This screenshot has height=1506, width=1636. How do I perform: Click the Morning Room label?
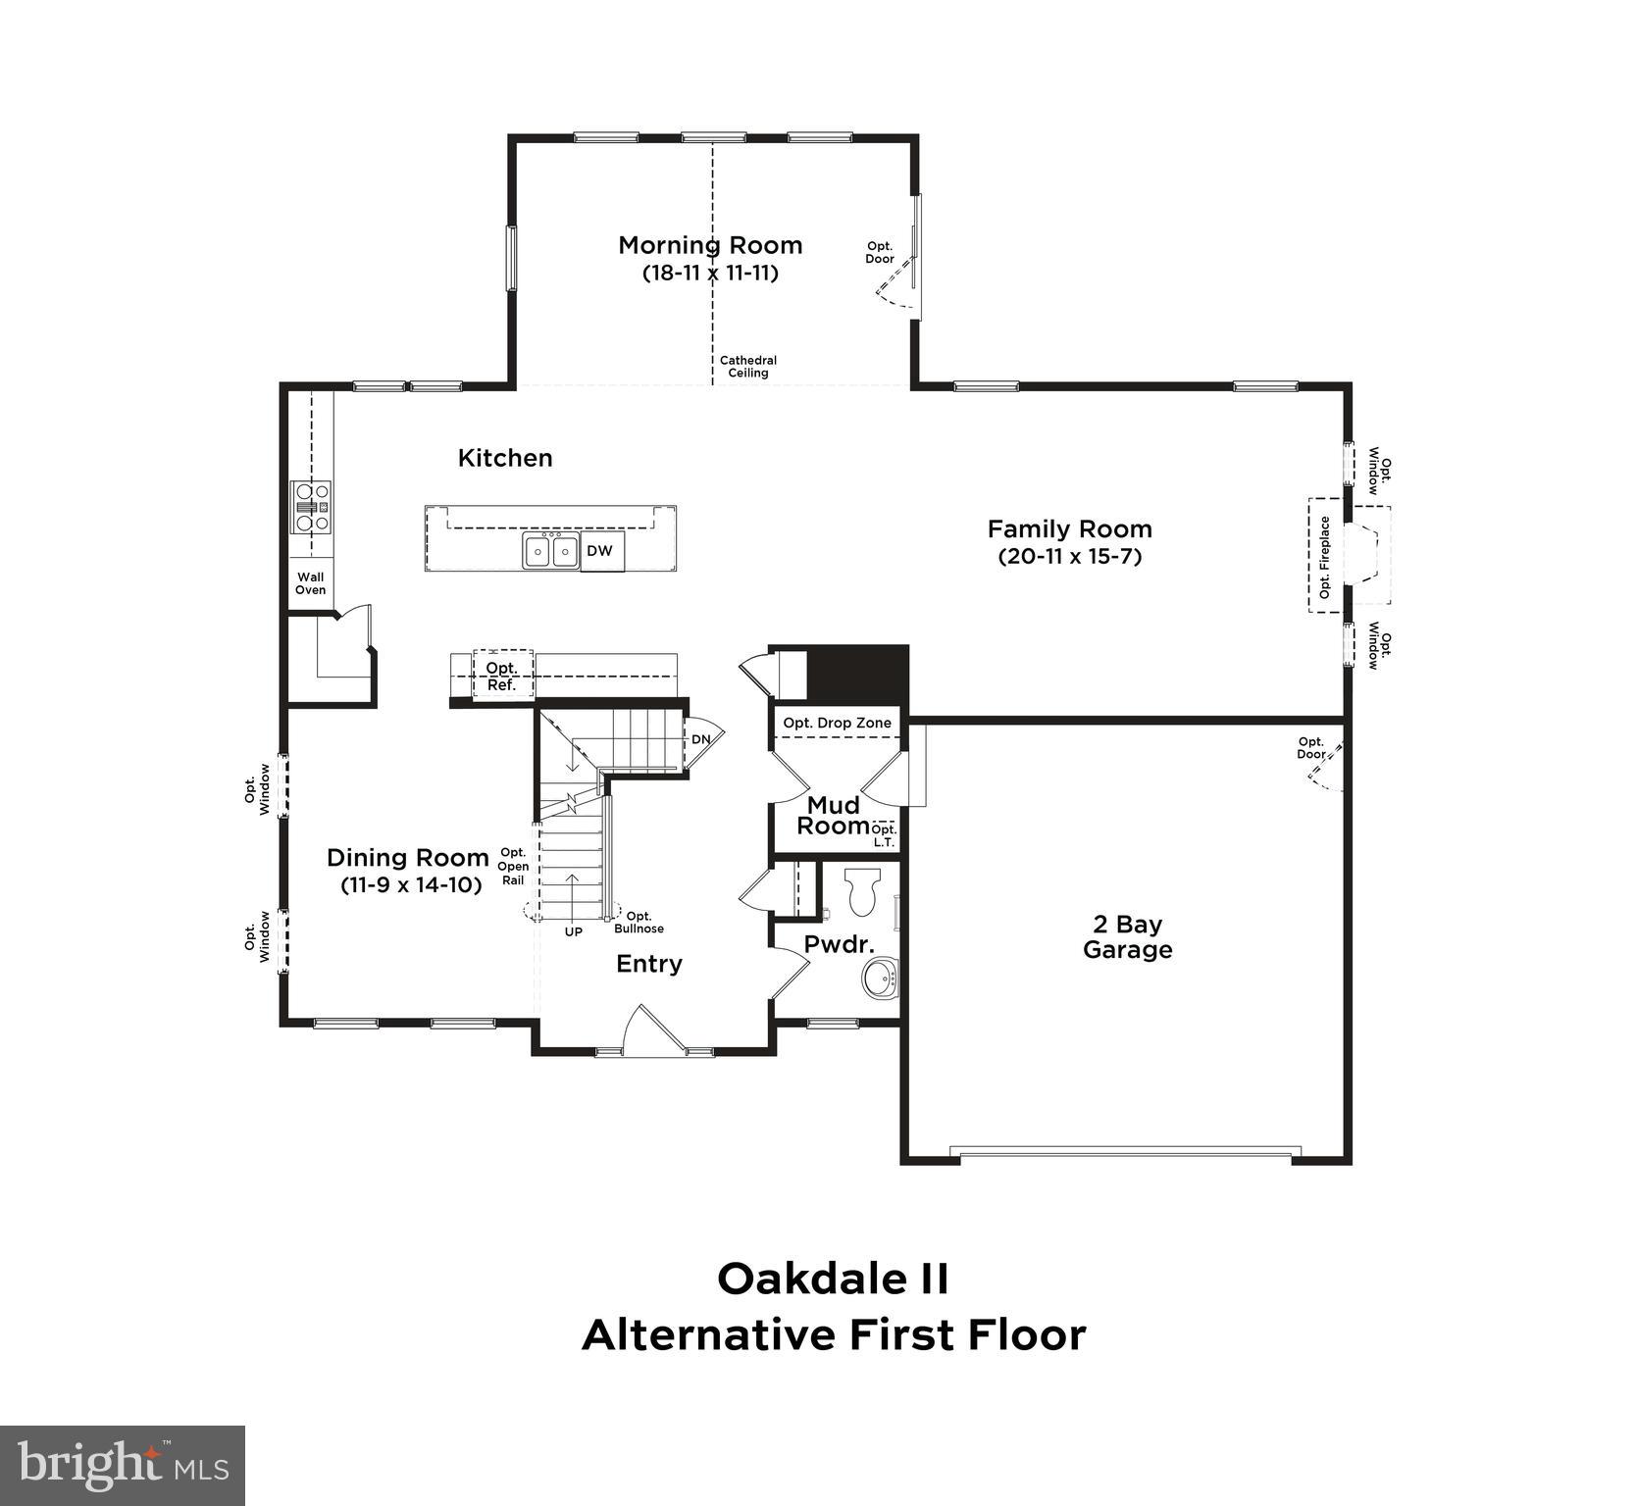[x=710, y=245]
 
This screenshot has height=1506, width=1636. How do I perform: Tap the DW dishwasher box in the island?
[x=600, y=551]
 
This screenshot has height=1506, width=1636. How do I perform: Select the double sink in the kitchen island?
[x=550, y=551]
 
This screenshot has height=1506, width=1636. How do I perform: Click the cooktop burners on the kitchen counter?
[x=312, y=507]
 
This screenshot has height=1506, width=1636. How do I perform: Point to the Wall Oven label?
[x=310, y=583]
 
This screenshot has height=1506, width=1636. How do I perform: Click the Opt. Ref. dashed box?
[x=502, y=676]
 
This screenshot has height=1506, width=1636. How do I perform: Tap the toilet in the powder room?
[x=863, y=890]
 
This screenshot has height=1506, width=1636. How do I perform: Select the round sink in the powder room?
[x=880, y=979]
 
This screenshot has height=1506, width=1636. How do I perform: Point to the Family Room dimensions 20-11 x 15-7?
[x=1069, y=557]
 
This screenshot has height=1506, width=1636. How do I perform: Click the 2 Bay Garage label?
[x=1127, y=936]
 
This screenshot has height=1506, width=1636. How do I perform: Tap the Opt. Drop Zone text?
[x=837, y=724]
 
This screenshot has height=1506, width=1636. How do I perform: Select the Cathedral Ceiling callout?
[x=747, y=366]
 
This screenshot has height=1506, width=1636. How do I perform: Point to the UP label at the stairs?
[x=573, y=931]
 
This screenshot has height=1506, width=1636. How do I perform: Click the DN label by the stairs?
[x=700, y=739]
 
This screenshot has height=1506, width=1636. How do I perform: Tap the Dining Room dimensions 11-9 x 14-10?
[x=411, y=884]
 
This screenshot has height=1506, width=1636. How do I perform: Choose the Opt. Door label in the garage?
[x=1310, y=748]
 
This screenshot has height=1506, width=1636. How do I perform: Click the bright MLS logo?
[x=122, y=1465]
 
